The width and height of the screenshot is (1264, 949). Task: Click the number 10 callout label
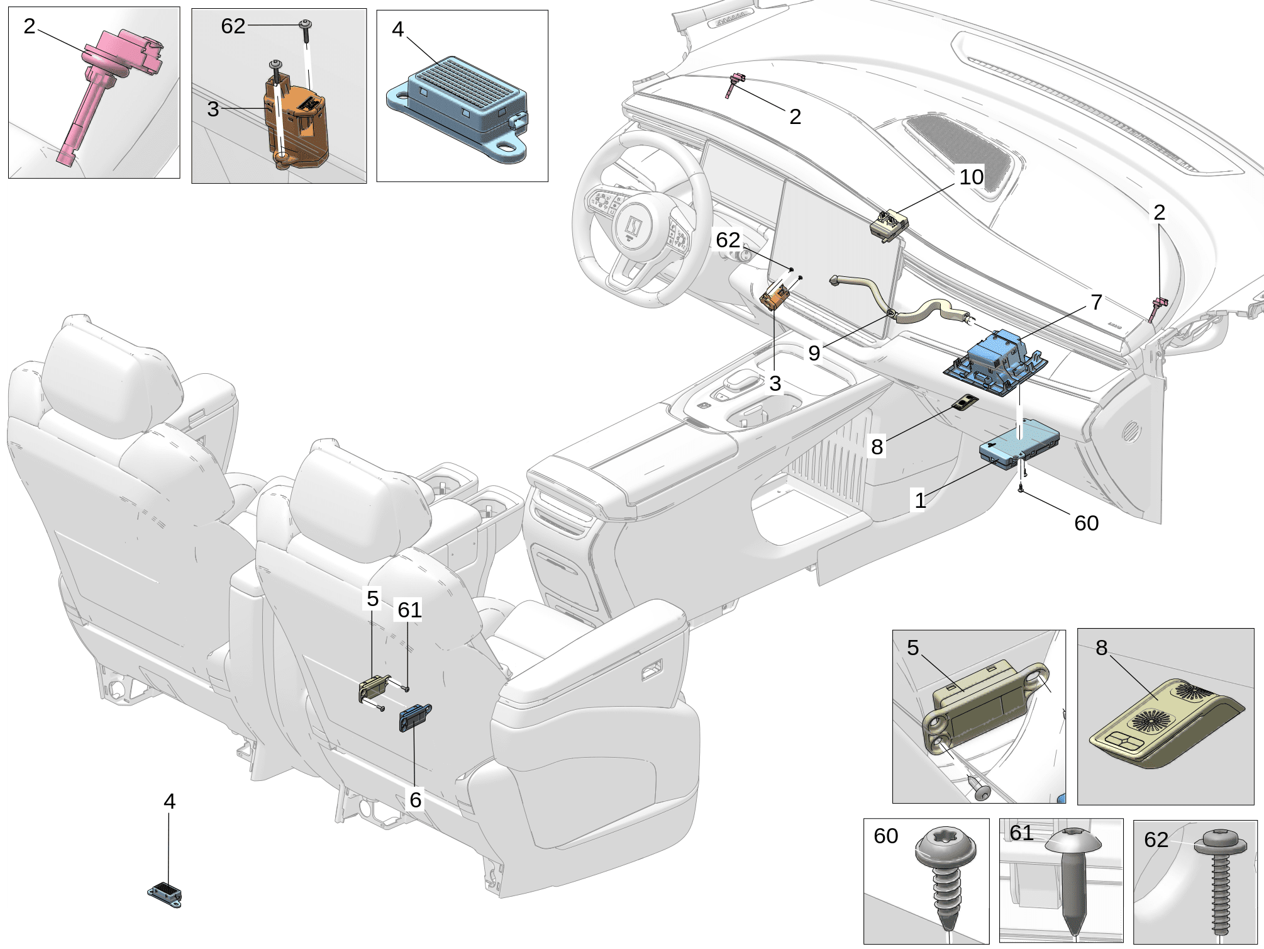pyautogui.click(x=971, y=177)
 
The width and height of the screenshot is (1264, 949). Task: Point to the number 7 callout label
pyautogui.click(x=1096, y=302)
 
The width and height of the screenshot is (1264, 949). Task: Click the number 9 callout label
pyautogui.click(x=814, y=352)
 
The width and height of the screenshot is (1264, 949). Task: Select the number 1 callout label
pyautogui.click(x=921, y=500)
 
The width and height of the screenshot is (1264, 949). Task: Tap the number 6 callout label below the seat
pyautogui.click(x=415, y=799)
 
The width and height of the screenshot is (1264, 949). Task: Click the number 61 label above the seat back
pyautogui.click(x=409, y=609)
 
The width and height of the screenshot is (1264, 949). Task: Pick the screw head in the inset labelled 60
pyautogui.click(x=945, y=846)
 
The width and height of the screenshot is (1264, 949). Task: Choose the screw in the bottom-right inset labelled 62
pyautogui.click(x=1220, y=881)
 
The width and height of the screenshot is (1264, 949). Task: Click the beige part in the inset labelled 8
pyautogui.click(x=1163, y=724)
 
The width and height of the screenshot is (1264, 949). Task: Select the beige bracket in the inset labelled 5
pyautogui.click(x=981, y=705)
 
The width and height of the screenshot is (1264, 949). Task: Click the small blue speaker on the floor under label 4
pyautogui.click(x=165, y=893)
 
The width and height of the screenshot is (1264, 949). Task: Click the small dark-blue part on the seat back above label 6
pyautogui.click(x=414, y=717)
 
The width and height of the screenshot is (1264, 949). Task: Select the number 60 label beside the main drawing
pyautogui.click(x=1086, y=523)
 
